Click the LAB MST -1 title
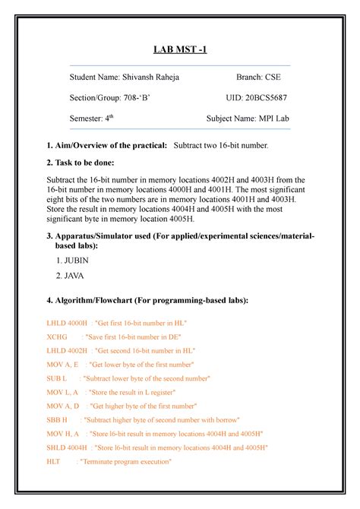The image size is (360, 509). [x=180, y=50]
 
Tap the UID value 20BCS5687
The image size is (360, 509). [x=261, y=98]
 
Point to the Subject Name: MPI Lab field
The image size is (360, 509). [x=248, y=119]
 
